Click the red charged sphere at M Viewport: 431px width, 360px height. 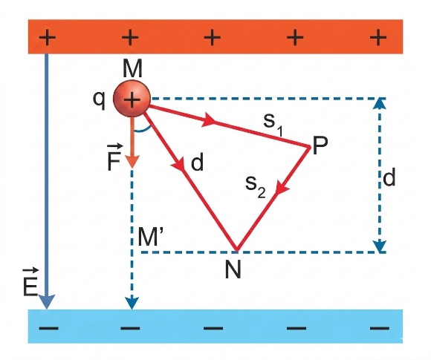coord(132,98)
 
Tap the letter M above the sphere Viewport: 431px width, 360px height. coord(132,69)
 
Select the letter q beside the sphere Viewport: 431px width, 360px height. coord(99,101)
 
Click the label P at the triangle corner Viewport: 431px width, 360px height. coord(320,145)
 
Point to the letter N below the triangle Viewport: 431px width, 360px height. coord(233,269)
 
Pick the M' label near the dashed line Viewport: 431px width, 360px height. coord(148,237)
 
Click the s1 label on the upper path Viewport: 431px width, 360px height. coord(273,125)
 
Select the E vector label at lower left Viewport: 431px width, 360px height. coord(30,283)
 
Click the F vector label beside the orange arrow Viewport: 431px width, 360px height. coord(114,157)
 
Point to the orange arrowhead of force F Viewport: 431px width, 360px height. coord(132,161)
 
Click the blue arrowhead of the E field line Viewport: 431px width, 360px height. coord(47,302)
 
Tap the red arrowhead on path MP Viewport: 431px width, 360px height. coord(208,120)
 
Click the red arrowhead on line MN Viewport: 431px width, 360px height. coord(178,165)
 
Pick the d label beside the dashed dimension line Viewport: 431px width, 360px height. coord(389,177)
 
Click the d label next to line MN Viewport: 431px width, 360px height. coord(197,162)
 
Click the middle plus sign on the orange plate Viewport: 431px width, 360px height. coord(212,38)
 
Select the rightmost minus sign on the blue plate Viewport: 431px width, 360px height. coord(379,327)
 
